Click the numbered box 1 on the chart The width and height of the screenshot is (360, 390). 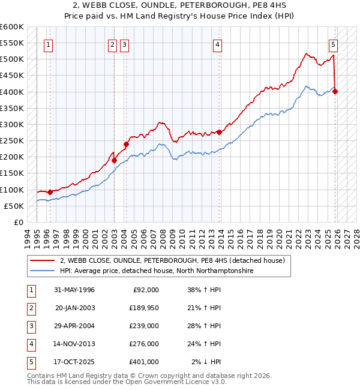tap(47, 44)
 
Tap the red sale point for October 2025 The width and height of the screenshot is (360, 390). tap(335, 91)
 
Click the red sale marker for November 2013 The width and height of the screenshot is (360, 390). tap(219, 132)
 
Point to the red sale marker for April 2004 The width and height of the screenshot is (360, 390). tap(127, 144)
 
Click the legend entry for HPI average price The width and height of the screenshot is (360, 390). tap(156, 271)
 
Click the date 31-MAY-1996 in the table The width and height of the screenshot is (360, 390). tap(74, 290)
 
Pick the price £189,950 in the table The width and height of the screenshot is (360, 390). tap(143, 308)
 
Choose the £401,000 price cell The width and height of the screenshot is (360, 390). tap(143, 362)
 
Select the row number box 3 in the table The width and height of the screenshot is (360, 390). tap(31, 326)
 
